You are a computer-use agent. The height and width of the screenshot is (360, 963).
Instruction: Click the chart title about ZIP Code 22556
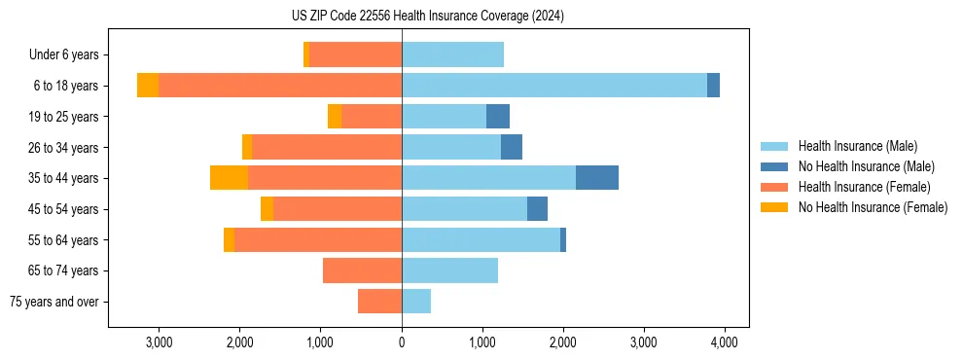[x=427, y=17]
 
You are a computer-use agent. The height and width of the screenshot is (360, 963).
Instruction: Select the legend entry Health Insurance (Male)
[x=857, y=146]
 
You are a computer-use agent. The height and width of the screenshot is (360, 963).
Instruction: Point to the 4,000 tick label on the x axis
[x=724, y=342]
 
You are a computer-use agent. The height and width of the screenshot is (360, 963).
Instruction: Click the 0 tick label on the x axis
[x=402, y=342]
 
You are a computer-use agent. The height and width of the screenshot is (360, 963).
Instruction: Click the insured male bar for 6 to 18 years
[x=554, y=86]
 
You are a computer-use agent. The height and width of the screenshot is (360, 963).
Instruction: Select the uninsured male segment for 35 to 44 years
[x=597, y=178]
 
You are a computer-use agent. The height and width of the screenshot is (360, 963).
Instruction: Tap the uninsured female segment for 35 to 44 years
[x=229, y=178]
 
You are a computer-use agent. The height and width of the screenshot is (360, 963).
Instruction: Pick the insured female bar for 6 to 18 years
[x=280, y=86]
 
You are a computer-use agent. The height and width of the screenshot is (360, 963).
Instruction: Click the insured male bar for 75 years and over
[x=416, y=302]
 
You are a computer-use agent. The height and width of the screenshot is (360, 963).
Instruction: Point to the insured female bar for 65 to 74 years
[x=362, y=270]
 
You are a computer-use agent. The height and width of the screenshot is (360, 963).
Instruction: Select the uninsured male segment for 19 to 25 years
[x=498, y=117]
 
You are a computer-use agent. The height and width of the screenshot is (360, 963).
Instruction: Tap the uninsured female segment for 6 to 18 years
[x=148, y=86]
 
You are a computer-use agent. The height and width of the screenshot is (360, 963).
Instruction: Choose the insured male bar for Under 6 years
[x=452, y=55]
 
